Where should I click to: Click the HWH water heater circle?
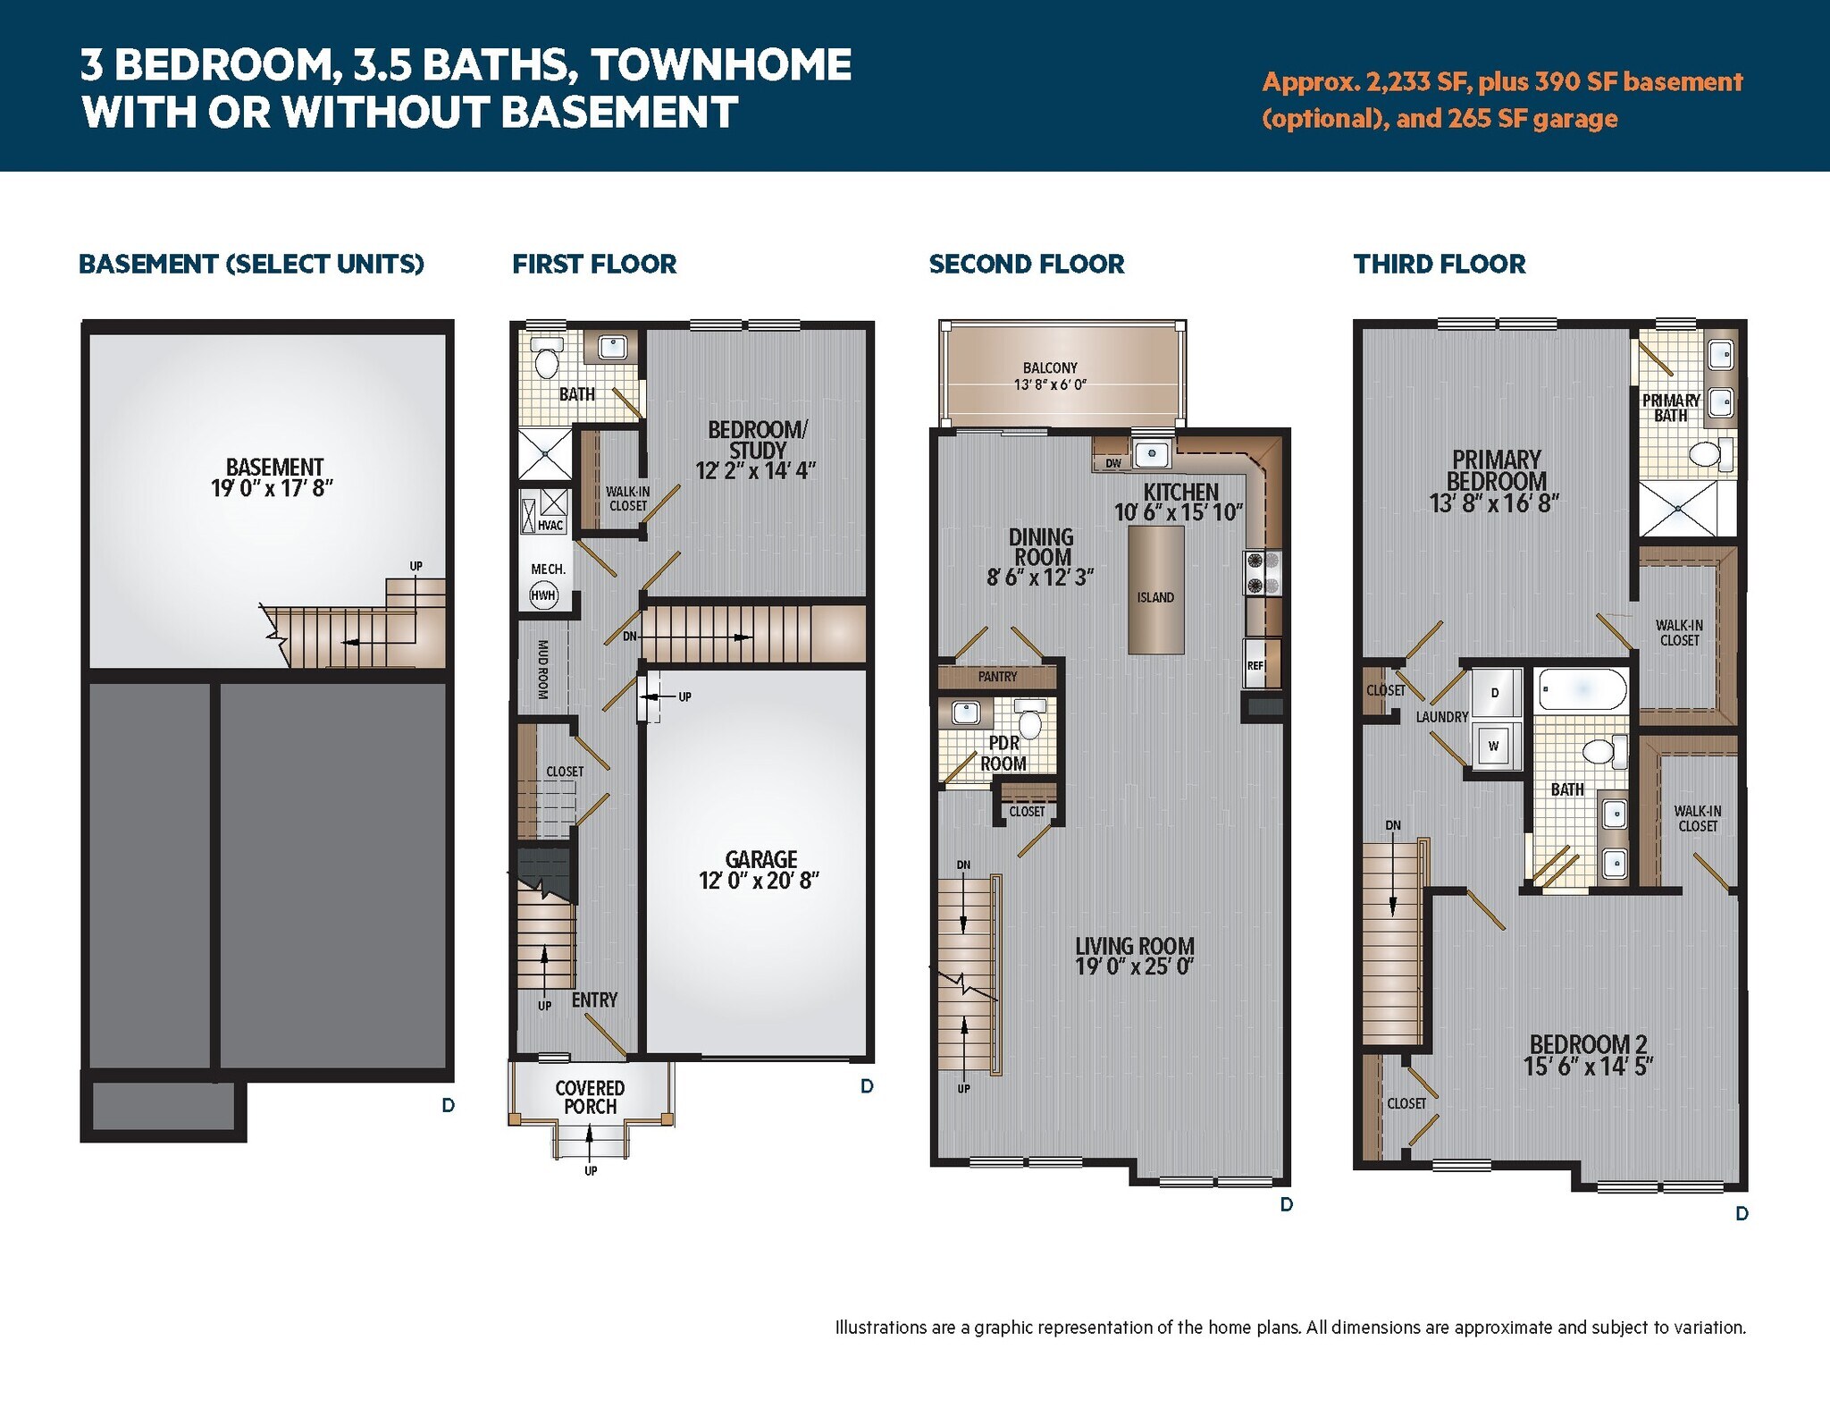(x=543, y=595)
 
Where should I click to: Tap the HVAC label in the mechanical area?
(x=550, y=525)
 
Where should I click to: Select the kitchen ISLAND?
(x=1155, y=590)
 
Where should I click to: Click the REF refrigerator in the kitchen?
(x=1255, y=664)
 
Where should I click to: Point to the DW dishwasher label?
(x=1112, y=463)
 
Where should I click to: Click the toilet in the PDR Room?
(x=1030, y=720)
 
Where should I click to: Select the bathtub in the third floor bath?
(x=1582, y=689)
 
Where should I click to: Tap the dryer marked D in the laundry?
(x=1495, y=693)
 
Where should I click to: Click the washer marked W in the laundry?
(x=1494, y=745)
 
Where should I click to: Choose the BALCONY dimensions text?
(x=1050, y=385)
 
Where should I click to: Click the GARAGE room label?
(x=760, y=859)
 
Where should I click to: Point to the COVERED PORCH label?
(x=590, y=1097)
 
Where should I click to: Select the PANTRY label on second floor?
(x=997, y=677)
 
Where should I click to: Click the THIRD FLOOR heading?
(x=1440, y=265)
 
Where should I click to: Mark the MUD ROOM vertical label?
(x=542, y=669)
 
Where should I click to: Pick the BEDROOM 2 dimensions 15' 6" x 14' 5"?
(x=1588, y=1066)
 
